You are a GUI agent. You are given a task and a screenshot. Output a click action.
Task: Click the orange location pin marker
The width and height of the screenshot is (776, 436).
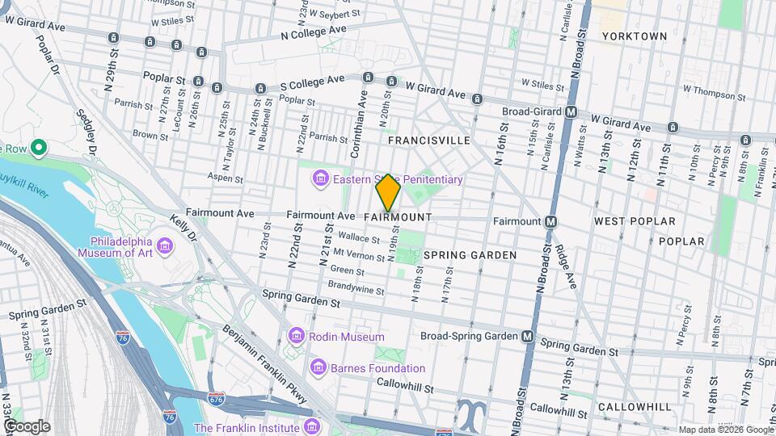coord(388,193)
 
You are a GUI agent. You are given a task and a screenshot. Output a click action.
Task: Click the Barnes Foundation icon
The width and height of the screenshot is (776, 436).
coord(318,368)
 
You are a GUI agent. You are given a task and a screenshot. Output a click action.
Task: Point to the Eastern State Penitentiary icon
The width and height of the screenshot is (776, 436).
coord(321,178)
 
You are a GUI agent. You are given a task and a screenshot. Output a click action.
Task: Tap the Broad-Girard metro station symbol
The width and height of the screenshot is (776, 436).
coord(571,112)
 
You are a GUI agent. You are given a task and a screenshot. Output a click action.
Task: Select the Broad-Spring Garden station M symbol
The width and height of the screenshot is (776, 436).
coord(528,336)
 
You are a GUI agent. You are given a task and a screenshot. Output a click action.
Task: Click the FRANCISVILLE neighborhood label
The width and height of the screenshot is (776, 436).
coord(428,140)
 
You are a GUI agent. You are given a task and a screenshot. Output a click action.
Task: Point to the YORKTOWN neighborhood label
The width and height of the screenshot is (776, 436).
coord(635,36)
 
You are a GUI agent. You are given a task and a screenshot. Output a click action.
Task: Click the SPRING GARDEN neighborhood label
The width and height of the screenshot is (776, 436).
coord(470,255)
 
